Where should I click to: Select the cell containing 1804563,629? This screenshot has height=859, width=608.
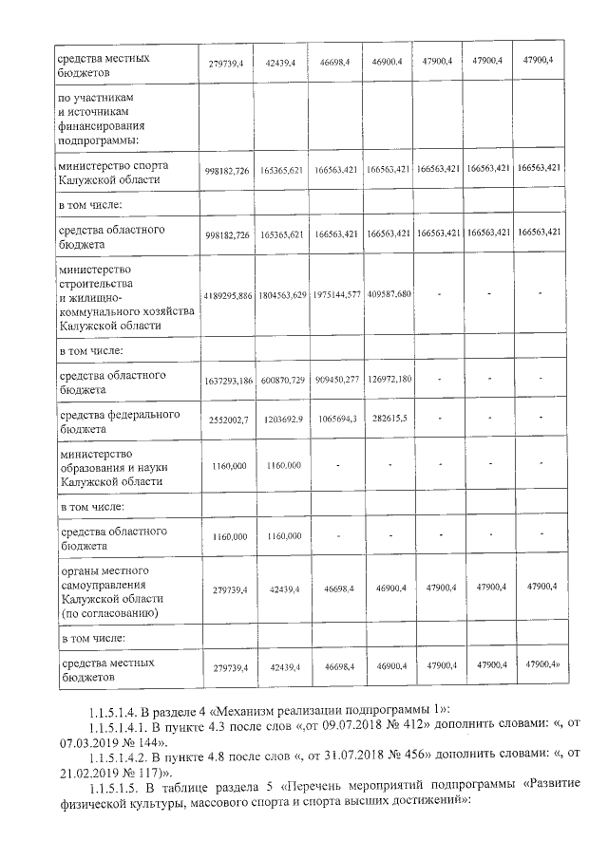[x=283, y=295]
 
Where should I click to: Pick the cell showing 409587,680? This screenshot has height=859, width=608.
[x=388, y=295]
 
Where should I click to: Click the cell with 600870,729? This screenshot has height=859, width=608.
[x=283, y=381]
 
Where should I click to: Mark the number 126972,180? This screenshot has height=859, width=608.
[x=388, y=381]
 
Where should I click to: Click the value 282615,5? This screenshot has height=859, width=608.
[x=388, y=419]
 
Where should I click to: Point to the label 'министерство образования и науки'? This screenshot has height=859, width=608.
[x=106, y=467]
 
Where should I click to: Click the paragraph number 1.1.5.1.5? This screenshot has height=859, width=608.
[x=111, y=788]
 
